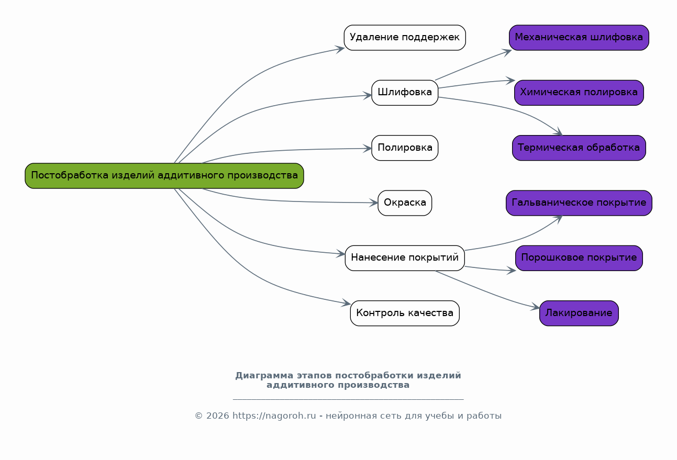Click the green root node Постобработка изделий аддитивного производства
[164, 176]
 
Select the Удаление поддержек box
[405, 38]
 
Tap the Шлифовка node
[405, 93]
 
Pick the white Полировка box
[405, 148]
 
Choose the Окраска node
[405, 203]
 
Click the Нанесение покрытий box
[405, 258]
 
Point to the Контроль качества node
[405, 313]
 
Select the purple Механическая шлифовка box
[579, 38]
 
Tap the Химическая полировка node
[579, 93]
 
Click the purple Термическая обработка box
[579, 148]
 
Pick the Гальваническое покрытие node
[579, 203]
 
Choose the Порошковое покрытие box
[579, 258]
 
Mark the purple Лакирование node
[579, 313]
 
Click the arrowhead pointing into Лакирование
[535, 308]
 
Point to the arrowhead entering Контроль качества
[347, 303]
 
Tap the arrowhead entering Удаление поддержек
[340, 49]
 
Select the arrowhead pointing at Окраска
[374, 203]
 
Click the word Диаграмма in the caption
[264, 376]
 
